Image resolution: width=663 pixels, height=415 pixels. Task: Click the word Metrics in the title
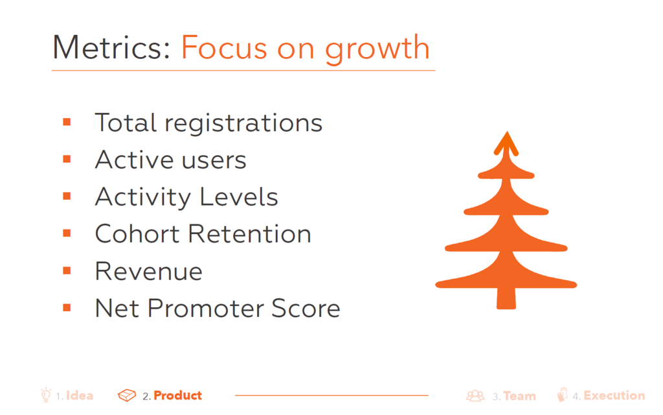point(111,47)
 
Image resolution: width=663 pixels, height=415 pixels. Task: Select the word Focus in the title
point(224,47)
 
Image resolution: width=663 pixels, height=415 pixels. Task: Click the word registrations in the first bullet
point(243,124)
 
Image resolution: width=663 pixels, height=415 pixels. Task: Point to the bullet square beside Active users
point(67,160)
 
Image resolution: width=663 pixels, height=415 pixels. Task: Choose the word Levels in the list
point(238,197)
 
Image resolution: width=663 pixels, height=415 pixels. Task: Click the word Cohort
point(137,233)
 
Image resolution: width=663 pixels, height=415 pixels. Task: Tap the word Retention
point(249,233)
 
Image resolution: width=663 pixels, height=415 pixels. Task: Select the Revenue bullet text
point(149,271)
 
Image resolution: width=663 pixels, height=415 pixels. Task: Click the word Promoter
point(205,308)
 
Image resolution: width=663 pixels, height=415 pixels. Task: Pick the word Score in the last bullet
point(306,308)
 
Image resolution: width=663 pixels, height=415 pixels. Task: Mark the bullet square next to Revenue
point(67,270)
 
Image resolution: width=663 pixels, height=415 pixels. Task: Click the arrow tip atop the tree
point(506,132)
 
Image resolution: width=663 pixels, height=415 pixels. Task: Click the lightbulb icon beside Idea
point(46,395)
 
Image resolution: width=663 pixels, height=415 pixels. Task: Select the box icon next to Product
point(127,395)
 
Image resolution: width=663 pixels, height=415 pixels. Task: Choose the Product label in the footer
point(177,396)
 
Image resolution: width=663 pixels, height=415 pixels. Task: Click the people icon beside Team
point(475,396)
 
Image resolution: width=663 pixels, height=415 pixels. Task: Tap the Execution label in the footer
point(614,396)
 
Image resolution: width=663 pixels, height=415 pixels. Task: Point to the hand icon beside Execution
point(563,395)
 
